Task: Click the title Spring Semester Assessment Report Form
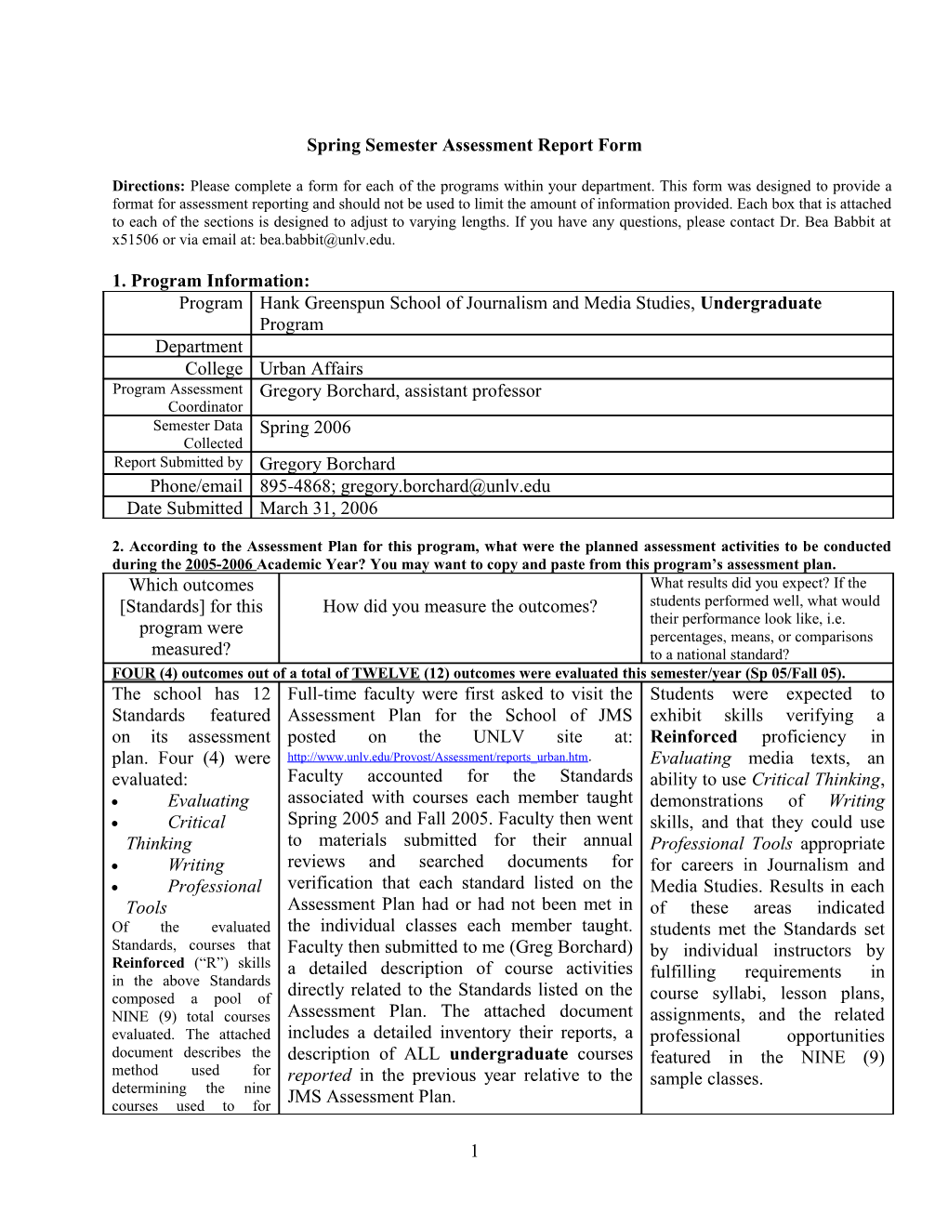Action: [474, 145]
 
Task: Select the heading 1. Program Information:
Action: [211, 281]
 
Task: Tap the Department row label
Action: [199, 347]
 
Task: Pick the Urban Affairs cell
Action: [311, 369]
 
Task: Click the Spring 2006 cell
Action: [305, 428]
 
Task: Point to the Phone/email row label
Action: [196, 486]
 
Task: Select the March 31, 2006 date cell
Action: [319, 508]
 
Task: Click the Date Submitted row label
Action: [185, 508]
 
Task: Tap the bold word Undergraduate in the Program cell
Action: [760, 303]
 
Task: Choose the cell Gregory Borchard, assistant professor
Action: [400, 391]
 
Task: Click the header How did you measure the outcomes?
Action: [460, 607]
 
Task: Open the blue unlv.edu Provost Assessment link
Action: [438, 758]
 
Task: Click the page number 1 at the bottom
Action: [474, 1152]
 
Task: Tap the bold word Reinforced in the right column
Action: [693, 737]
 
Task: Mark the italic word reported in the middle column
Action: [319, 1075]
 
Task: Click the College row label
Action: [214, 369]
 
